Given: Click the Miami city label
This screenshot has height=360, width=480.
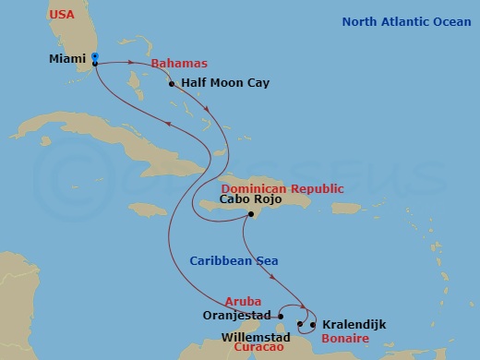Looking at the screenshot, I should click(69, 59).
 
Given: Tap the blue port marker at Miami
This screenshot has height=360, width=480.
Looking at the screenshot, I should click(95, 62).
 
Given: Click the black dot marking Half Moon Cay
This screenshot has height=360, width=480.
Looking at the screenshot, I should click(173, 82).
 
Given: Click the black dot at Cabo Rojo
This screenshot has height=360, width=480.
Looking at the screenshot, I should click(251, 214).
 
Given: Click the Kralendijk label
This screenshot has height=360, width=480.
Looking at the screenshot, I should click(354, 325).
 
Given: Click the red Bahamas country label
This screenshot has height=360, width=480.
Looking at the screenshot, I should click(179, 63).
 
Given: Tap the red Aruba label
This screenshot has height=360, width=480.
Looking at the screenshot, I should click(243, 301).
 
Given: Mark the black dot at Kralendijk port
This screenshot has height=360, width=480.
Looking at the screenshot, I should click(314, 324).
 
